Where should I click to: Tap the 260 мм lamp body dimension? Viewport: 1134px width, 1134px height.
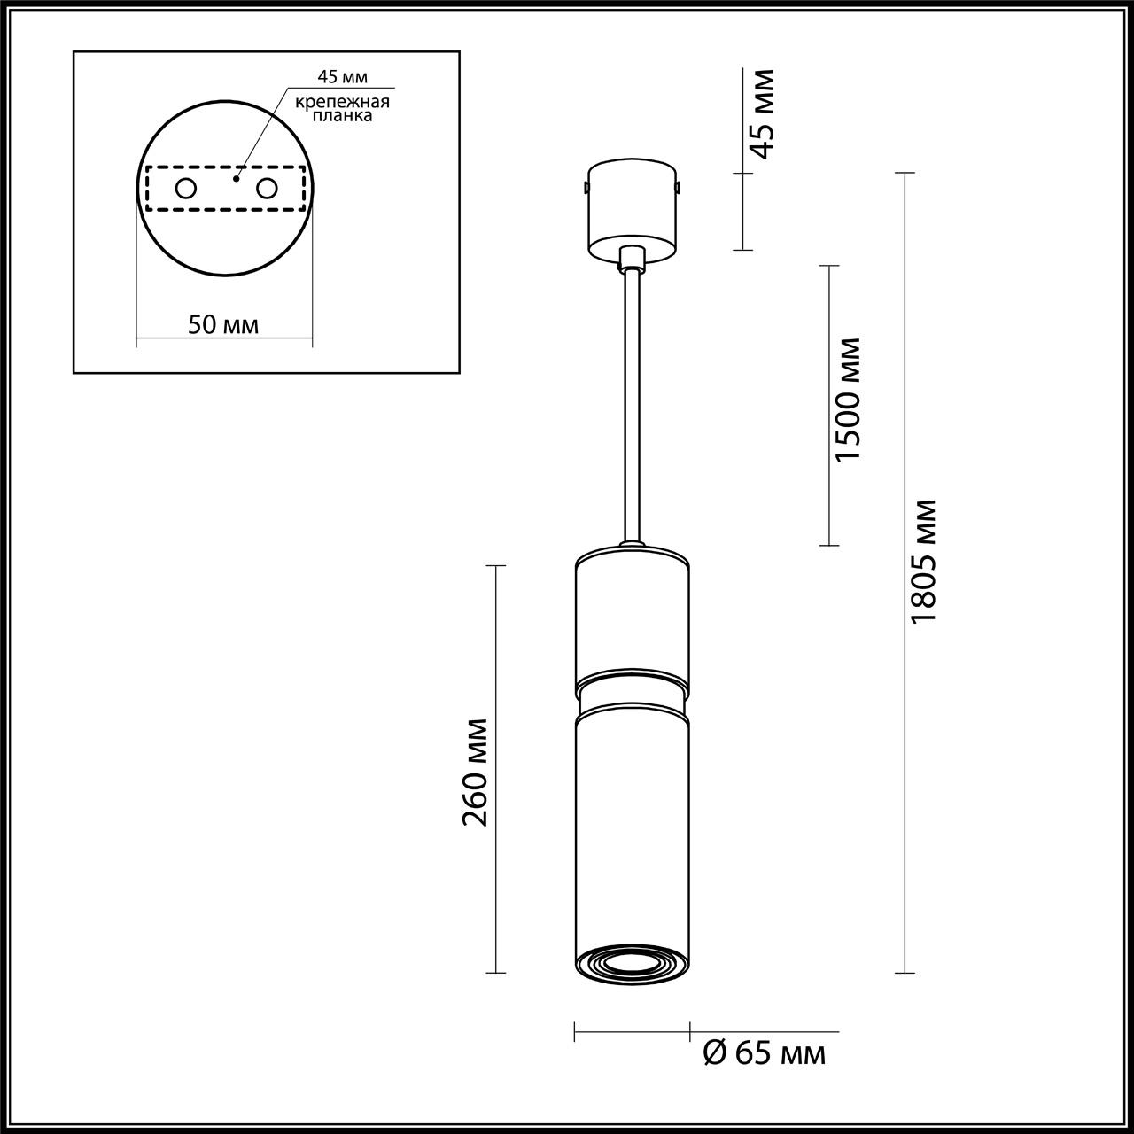pyautogui.click(x=474, y=772)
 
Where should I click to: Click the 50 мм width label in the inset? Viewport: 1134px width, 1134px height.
pyautogui.click(x=223, y=325)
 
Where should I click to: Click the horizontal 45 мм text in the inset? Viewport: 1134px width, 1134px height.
pyautogui.click(x=343, y=76)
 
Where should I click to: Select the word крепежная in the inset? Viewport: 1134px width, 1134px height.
pyautogui.click(x=343, y=103)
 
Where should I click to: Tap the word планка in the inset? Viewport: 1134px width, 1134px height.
pyautogui.click(x=342, y=116)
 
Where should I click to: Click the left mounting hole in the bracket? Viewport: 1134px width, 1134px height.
pyautogui.click(x=185, y=189)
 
